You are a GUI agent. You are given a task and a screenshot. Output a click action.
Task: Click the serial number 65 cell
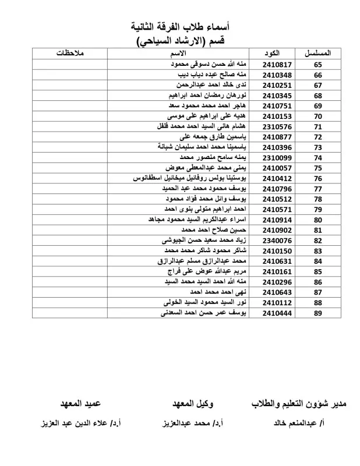pyautogui.click(x=317, y=65)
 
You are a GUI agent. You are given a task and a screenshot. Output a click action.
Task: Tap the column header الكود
pyautogui.click(x=271, y=54)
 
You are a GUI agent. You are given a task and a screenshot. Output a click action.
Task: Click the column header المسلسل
pyautogui.click(x=319, y=54)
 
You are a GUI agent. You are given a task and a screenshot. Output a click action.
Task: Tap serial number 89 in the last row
pyautogui.click(x=317, y=313)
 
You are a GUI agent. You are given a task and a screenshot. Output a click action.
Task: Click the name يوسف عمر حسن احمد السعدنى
pyautogui.click(x=203, y=313)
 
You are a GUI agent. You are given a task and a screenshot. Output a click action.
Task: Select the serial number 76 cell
pyautogui.click(x=317, y=178)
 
